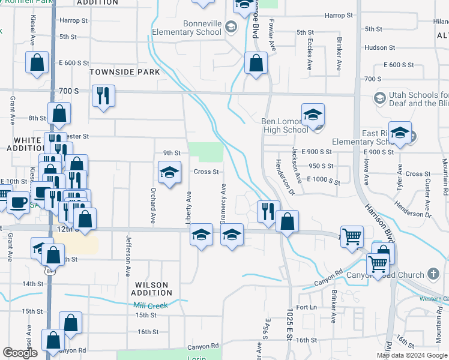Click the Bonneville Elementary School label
(x=187, y=28)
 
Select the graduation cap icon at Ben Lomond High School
(x=313, y=115)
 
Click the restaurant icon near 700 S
(x=103, y=95)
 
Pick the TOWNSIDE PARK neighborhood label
(x=125, y=72)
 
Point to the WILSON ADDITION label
(x=152, y=289)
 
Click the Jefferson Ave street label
(x=128, y=256)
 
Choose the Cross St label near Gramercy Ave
(x=206, y=172)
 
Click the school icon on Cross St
(x=170, y=173)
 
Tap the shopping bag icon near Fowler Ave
(x=256, y=64)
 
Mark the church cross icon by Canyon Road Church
(x=434, y=275)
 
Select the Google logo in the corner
(x=20, y=353)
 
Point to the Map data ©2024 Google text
(x=412, y=355)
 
